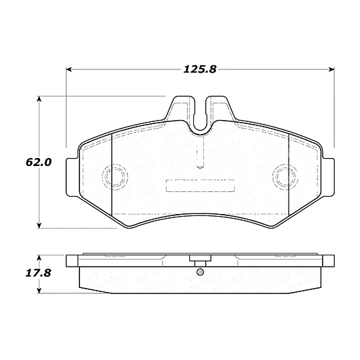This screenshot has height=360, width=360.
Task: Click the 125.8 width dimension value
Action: [x=200, y=69]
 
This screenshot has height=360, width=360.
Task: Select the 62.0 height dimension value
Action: [x=39, y=162]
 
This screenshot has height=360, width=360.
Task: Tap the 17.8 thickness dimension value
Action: [x=38, y=273]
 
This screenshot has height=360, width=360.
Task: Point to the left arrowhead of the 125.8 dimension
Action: [x=69, y=69]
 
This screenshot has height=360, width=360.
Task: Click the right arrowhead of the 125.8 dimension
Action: [x=331, y=69]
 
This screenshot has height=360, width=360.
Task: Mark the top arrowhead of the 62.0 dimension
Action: [x=39, y=99]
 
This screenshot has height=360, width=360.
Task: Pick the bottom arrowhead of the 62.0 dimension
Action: [x=39, y=225]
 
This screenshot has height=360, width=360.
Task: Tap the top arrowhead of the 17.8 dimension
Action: [x=39, y=257]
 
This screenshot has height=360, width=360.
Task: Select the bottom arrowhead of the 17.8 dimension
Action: [x=39, y=290]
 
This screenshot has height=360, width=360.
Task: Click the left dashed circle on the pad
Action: [x=103, y=177]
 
